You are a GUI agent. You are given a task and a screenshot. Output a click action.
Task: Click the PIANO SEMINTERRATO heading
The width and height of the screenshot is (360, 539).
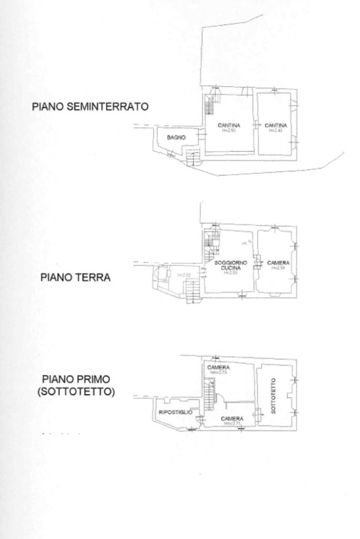pos(90,107)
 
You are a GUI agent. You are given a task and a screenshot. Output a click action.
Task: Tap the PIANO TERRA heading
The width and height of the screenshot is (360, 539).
pos(75,278)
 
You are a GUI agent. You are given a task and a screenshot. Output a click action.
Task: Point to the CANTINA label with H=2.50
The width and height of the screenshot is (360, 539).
pos(229,125)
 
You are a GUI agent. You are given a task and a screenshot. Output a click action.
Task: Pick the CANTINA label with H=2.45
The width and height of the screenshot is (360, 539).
pos(275,125)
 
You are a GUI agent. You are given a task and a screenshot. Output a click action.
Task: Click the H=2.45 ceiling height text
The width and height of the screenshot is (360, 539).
pos(275,130)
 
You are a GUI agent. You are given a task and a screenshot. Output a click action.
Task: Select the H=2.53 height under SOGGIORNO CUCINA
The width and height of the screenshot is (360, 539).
pos(228,273)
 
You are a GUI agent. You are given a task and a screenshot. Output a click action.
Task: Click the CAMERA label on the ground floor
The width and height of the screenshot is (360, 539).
pos(278,263)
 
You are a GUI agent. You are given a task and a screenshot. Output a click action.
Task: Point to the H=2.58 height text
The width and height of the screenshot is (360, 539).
pos(278,268)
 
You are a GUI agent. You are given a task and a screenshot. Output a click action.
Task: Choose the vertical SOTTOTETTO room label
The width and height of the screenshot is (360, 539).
pos(273,395)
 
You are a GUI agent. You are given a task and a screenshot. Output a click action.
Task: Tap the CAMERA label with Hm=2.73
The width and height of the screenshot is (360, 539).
pos(218,367)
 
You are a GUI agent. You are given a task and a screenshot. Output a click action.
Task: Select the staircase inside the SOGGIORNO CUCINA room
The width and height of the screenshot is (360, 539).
pos(211,243)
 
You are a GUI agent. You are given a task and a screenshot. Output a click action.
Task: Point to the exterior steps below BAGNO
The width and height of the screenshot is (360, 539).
pos(193,157)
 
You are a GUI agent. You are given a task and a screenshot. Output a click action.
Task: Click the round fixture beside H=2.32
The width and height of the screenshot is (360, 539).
pos(161,274)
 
